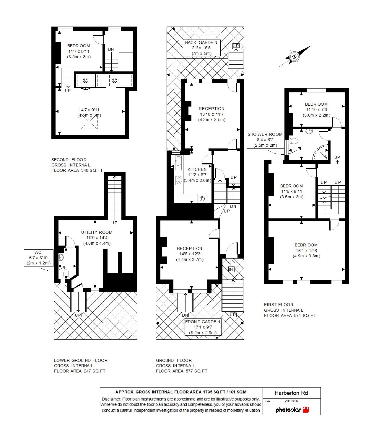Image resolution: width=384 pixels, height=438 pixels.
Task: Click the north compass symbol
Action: click(294, 57)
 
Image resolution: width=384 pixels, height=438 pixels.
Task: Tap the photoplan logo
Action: click(292, 410)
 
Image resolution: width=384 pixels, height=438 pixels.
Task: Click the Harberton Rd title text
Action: click(291, 393)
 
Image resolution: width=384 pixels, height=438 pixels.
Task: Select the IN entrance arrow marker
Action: click(231, 267)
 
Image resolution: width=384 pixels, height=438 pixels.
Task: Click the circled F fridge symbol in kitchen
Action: click(202, 199)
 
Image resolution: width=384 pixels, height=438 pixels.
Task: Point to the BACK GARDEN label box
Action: click(201, 48)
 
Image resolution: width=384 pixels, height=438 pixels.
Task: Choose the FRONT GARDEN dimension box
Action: click(203, 327)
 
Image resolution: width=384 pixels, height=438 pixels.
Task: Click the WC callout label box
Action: click(38, 258)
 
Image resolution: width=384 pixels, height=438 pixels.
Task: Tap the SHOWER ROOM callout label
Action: click(265, 140)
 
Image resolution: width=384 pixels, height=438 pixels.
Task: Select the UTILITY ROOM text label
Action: click(97, 232)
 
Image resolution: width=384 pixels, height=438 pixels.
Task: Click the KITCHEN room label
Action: click(197, 169)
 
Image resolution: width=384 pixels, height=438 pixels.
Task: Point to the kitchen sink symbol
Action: click(178, 163)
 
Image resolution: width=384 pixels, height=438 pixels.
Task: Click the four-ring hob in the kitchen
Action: click(179, 180)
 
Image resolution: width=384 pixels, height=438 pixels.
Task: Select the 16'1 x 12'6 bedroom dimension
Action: click(306, 251)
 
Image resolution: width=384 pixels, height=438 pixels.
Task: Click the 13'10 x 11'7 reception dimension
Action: click(211, 114)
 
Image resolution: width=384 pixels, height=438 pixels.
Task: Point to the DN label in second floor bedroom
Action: click(111, 49)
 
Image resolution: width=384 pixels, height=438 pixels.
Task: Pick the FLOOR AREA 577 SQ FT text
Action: click(181, 371)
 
